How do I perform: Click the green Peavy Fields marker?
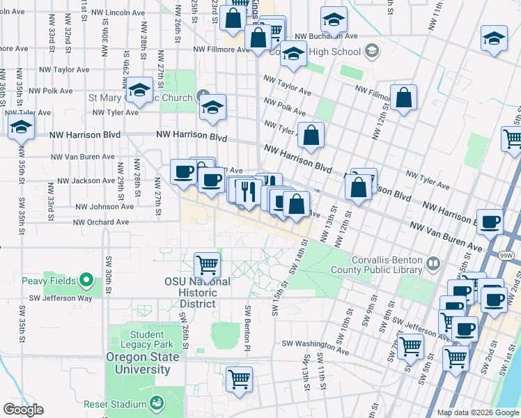pyautogui.click(x=86, y=280)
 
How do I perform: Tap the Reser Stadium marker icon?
pyautogui.click(x=157, y=403)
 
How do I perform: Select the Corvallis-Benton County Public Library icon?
pyautogui.click(x=433, y=263)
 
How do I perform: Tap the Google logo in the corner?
pyautogui.click(x=23, y=409)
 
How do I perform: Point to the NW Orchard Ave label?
pyautogui.click(x=102, y=222)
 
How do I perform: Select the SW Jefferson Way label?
pyautogui.click(x=56, y=298)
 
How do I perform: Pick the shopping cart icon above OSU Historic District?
pyautogui.click(x=207, y=265)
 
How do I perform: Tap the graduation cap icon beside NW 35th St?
pyautogui.click(x=21, y=127)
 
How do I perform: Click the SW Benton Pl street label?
pyautogui.click(x=247, y=325)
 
